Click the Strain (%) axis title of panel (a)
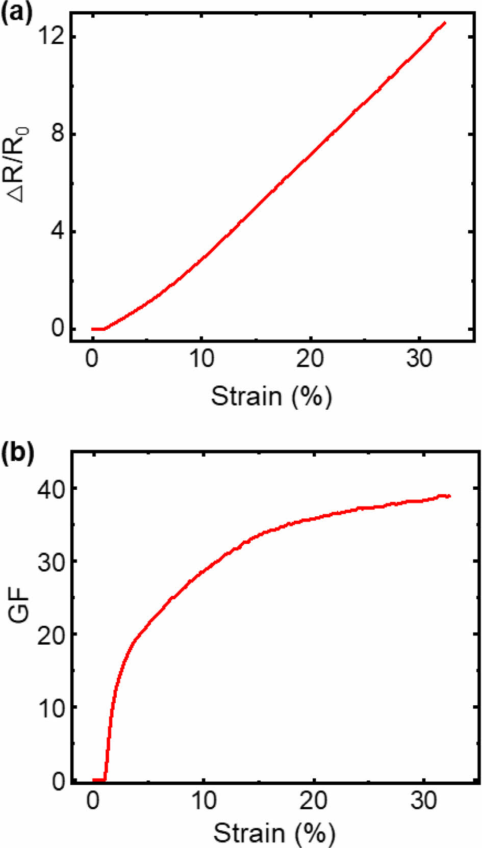tap(271, 396)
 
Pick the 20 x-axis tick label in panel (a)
tap(310, 359)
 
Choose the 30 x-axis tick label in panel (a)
tap(419, 359)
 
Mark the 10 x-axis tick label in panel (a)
tap(201, 359)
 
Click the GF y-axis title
tap(19, 606)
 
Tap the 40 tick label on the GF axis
tap(51, 490)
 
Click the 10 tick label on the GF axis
tap(51, 708)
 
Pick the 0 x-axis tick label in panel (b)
tap(93, 802)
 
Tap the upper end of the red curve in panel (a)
tap(445, 23)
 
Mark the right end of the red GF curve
tap(449, 496)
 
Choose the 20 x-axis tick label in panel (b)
tap(313, 802)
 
